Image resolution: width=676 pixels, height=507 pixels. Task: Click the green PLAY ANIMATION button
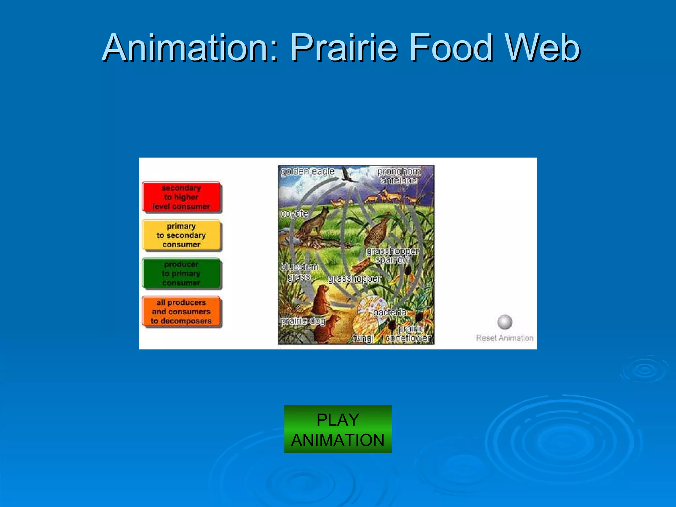click(338, 429)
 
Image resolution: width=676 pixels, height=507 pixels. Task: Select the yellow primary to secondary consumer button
click(181, 235)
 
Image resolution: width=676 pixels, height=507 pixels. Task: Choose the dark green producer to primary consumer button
click(181, 274)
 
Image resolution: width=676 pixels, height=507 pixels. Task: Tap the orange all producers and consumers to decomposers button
click(181, 312)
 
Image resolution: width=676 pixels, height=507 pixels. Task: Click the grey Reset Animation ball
click(505, 322)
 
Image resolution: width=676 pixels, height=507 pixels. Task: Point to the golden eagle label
click(307, 172)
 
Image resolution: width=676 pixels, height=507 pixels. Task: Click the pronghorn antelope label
click(399, 176)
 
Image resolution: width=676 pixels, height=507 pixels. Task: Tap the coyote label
click(294, 214)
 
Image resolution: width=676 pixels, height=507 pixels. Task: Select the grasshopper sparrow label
click(392, 255)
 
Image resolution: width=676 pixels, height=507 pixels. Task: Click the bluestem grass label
click(299, 271)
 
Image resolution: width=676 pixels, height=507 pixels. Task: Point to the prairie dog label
click(303, 321)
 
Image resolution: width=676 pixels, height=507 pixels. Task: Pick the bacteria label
click(389, 312)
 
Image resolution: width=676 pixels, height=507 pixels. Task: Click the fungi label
click(363, 338)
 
